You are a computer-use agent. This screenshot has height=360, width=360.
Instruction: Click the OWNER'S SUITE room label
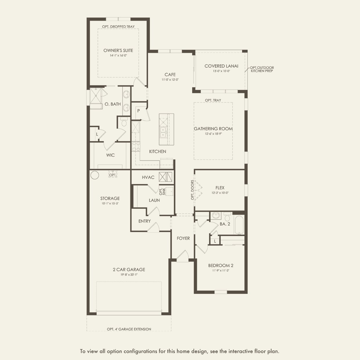[118, 51]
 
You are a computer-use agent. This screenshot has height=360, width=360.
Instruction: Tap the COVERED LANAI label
[221, 66]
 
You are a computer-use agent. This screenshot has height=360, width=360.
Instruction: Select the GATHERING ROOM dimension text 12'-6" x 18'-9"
[213, 134]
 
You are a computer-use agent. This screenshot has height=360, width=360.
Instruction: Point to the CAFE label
[170, 75]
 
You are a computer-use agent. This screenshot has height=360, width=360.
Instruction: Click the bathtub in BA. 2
[239, 225]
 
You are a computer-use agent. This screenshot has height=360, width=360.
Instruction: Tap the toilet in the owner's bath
[124, 122]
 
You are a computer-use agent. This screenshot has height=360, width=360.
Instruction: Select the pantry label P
[138, 111]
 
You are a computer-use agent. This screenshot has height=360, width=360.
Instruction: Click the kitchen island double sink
[163, 132]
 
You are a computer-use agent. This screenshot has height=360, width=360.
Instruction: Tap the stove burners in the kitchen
[136, 146]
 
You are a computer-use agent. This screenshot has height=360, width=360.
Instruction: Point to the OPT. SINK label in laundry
[162, 191]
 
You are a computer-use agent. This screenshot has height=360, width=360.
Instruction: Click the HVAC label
[148, 177]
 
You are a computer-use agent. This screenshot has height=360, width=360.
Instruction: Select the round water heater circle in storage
[95, 175]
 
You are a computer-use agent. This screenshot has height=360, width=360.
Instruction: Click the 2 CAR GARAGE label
[129, 270]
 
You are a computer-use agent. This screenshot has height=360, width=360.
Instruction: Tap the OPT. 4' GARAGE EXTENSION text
[129, 329]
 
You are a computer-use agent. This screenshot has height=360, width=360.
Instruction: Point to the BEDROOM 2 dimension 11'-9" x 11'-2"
[221, 271]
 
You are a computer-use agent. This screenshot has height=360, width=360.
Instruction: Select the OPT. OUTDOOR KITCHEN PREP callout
[262, 69]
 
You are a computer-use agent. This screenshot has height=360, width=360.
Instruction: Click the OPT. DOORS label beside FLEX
[192, 190]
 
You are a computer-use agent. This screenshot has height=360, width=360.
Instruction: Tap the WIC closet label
[110, 155]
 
